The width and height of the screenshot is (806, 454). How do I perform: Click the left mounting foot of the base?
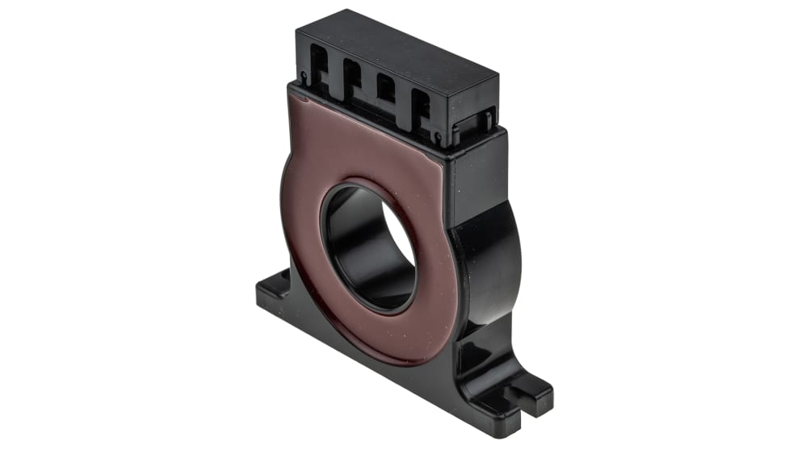tap(275, 291)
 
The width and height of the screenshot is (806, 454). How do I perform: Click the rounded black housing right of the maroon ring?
tap(489, 259)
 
